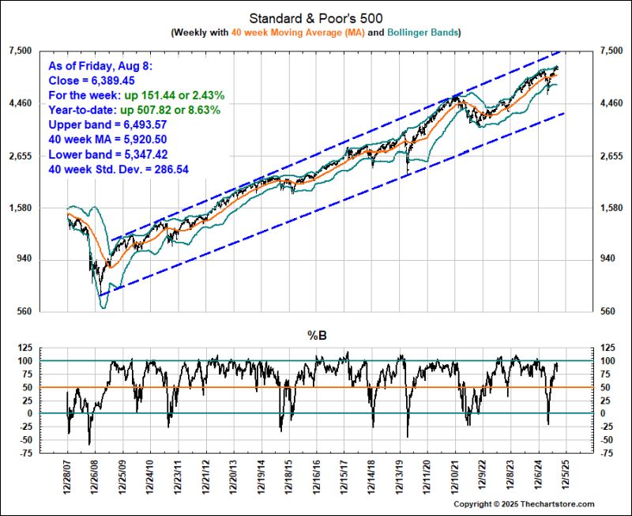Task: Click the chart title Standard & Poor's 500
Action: click(x=316, y=17)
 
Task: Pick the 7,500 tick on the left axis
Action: click(x=19, y=51)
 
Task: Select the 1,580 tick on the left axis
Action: click(x=19, y=208)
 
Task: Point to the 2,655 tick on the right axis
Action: click(x=612, y=156)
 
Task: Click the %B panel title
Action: click(x=316, y=335)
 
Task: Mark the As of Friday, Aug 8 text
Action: click(x=100, y=66)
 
